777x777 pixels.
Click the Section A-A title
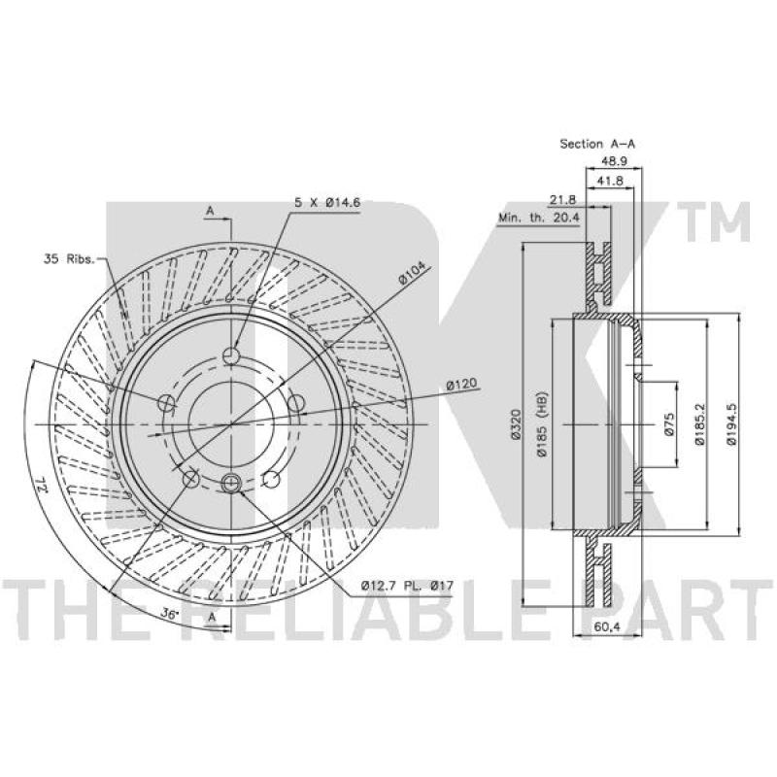coord(597,144)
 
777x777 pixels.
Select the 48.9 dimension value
coord(614,161)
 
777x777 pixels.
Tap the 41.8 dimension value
coord(610,181)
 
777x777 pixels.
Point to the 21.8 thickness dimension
coord(563,200)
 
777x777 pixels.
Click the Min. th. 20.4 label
coord(539,217)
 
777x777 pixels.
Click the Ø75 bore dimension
coord(669,424)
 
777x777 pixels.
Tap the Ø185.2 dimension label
coord(699,424)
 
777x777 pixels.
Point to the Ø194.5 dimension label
coord(731,424)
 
